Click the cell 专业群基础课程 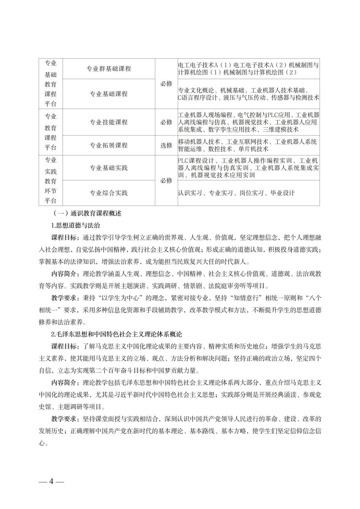click(x=109, y=69)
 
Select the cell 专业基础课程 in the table click(x=109, y=94)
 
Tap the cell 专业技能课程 click(x=109, y=122)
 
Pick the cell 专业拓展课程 click(x=109, y=145)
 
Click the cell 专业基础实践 click(x=109, y=168)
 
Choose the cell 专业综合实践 click(x=109, y=193)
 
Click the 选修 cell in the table click(x=166, y=145)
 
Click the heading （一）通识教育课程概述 click(x=86, y=213)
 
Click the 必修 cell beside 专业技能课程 click(x=166, y=122)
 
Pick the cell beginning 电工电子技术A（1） click(x=249, y=69)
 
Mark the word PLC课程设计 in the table click(x=193, y=161)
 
